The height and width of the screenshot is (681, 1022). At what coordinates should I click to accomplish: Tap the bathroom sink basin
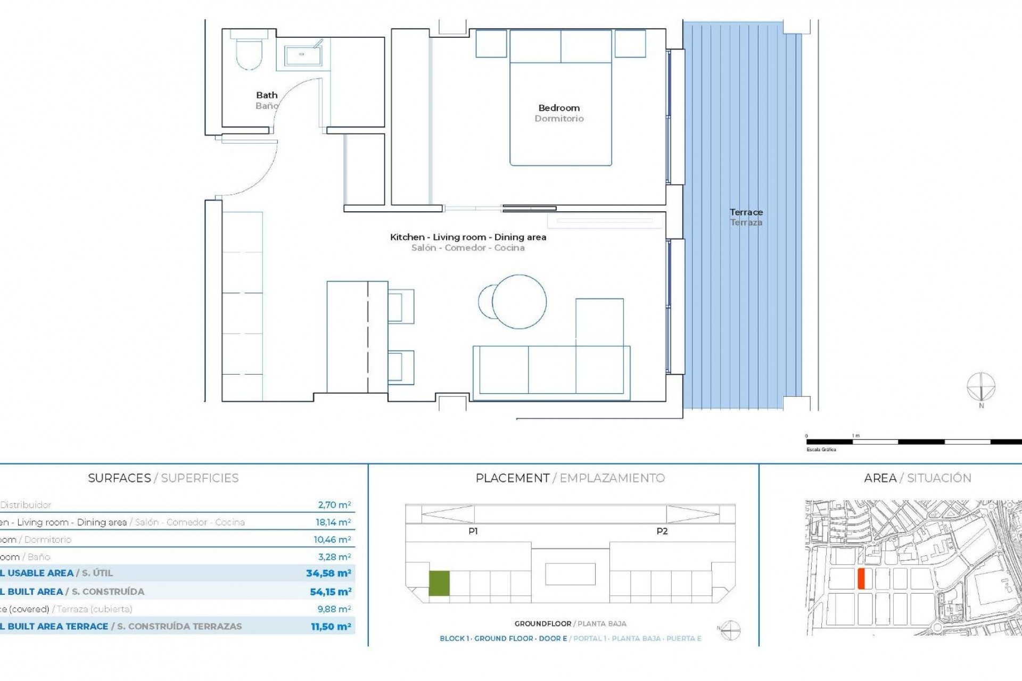coord(302,55)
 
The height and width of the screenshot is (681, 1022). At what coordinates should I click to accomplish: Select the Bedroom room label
coord(559,108)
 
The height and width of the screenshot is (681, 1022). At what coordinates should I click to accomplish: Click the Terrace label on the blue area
coord(746,212)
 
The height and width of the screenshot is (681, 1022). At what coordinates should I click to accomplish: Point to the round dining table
coord(519,302)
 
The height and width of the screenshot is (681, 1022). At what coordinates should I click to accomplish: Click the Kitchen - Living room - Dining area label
coord(468,237)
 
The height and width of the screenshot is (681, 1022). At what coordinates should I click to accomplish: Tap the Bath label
coord(267,95)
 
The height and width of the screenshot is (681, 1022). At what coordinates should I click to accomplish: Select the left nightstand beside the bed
coord(491,44)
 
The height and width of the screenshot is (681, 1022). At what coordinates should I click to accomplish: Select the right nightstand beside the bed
coord(630,44)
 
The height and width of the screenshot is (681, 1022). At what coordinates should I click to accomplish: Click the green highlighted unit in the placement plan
coord(439,583)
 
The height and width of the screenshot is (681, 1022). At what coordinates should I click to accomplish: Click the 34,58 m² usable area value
coord(328,574)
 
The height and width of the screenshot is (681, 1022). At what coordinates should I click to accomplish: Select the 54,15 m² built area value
coord(331,592)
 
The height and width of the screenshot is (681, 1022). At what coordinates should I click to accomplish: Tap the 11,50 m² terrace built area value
coord(331,627)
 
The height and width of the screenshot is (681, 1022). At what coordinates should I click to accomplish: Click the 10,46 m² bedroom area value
coord(332,539)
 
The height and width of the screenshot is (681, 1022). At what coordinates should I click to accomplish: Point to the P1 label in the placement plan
coord(473,531)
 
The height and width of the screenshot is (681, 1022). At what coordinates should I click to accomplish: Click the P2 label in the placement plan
coord(662,531)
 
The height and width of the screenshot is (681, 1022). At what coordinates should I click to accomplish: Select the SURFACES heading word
coord(119,478)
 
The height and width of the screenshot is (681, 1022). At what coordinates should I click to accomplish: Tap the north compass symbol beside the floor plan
coord(981,387)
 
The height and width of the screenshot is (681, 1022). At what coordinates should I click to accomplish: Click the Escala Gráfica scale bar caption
coord(821,450)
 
